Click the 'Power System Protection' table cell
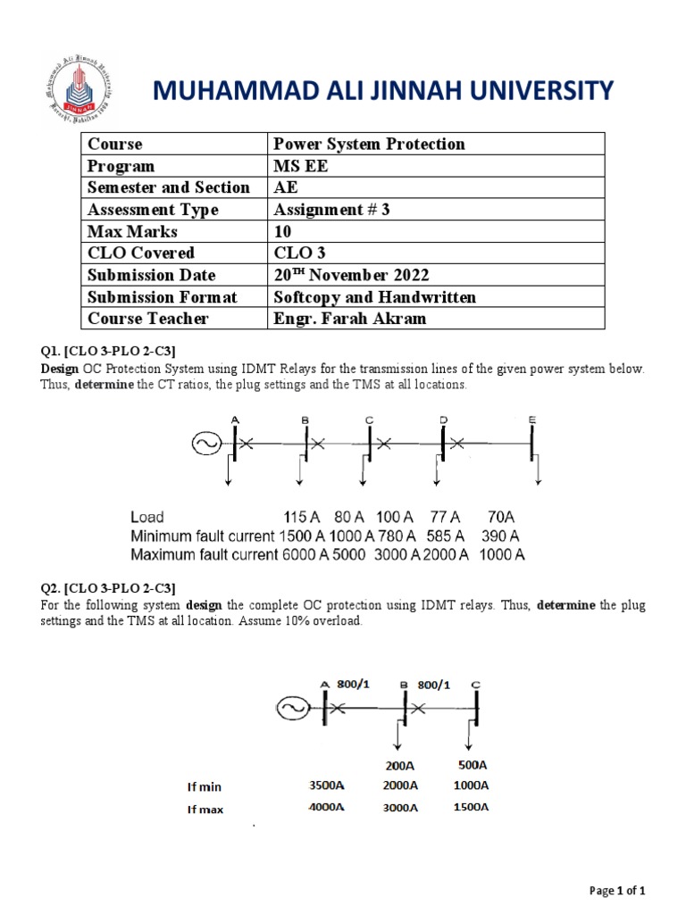pos(369,144)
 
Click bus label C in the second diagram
pos(476,685)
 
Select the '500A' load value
pos(472,765)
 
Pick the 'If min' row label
pos(205,787)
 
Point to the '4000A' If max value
pos(326,808)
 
